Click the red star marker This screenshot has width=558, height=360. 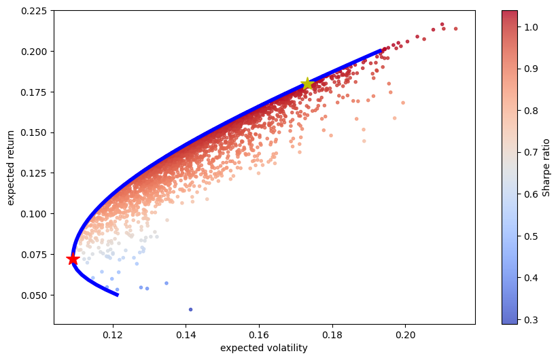[73, 259]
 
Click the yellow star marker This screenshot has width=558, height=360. [307, 84]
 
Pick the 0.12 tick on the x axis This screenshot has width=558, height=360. [113, 335]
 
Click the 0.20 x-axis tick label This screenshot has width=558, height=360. [405, 335]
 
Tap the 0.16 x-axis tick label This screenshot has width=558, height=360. [259, 335]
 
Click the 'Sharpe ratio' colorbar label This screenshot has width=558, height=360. [546, 167]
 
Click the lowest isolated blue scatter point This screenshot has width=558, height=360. [190, 309]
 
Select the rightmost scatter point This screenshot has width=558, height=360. [455, 29]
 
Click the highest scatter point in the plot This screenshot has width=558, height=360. [442, 24]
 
